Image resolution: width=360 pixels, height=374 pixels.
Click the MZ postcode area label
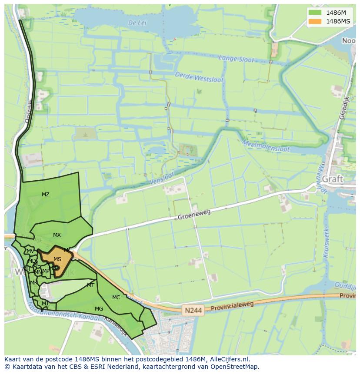46,195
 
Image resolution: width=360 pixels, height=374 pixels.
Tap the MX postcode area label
57,235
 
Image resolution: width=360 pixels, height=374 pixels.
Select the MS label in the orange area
57,259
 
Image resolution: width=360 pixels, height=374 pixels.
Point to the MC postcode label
116,298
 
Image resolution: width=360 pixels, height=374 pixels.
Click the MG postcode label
99,309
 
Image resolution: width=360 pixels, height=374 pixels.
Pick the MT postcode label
90,285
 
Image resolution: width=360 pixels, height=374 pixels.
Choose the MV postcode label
30,251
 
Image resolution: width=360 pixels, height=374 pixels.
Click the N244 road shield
193,311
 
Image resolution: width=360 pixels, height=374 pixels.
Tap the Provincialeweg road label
232,306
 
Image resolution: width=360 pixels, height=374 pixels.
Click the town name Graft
333,179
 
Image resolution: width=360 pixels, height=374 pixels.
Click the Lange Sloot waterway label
236,59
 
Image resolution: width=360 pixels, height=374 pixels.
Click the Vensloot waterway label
162,177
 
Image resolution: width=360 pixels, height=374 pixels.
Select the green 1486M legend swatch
314,13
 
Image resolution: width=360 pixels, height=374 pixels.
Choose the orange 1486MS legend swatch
314,21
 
